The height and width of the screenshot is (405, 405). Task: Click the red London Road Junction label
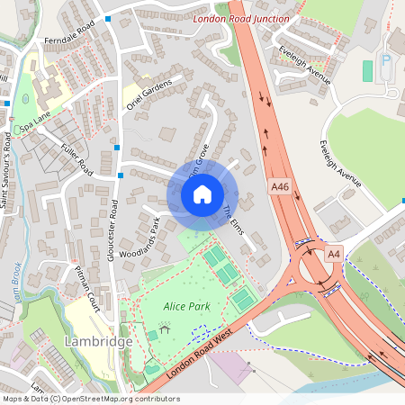(x=241, y=19)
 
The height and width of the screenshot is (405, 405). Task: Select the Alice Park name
(x=186, y=307)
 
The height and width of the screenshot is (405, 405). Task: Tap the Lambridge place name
(x=99, y=342)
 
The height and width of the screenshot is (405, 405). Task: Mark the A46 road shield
(x=280, y=187)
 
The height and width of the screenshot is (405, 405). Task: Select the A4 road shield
(x=333, y=254)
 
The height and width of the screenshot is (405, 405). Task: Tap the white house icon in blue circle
(x=202, y=194)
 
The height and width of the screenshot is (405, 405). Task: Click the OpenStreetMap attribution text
(x=90, y=399)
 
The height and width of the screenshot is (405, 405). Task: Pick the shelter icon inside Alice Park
(x=152, y=335)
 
